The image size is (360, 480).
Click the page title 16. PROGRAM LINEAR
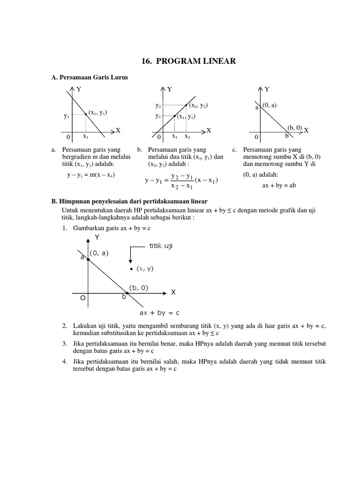click(x=188, y=61)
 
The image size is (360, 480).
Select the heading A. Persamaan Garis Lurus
click(x=90, y=77)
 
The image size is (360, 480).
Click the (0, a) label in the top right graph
click(x=270, y=105)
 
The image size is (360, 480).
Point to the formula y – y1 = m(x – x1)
click(x=91, y=175)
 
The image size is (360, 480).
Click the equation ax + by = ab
click(x=279, y=185)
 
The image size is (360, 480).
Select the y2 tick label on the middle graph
click(x=158, y=106)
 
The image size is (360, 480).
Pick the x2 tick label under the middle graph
click(x=187, y=136)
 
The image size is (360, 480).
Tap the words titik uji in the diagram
click(x=161, y=247)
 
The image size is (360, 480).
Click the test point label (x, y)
click(x=145, y=269)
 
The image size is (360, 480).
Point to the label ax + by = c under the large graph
click(x=159, y=313)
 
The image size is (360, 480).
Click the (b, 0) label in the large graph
click(x=138, y=288)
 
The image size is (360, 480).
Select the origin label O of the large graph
click(x=82, y=298)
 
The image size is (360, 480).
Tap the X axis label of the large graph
click(x=173, y=292)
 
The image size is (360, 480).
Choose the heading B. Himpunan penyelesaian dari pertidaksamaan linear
click(x=135, y=201)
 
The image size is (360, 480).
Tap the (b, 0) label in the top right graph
click(x=294, y=127)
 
